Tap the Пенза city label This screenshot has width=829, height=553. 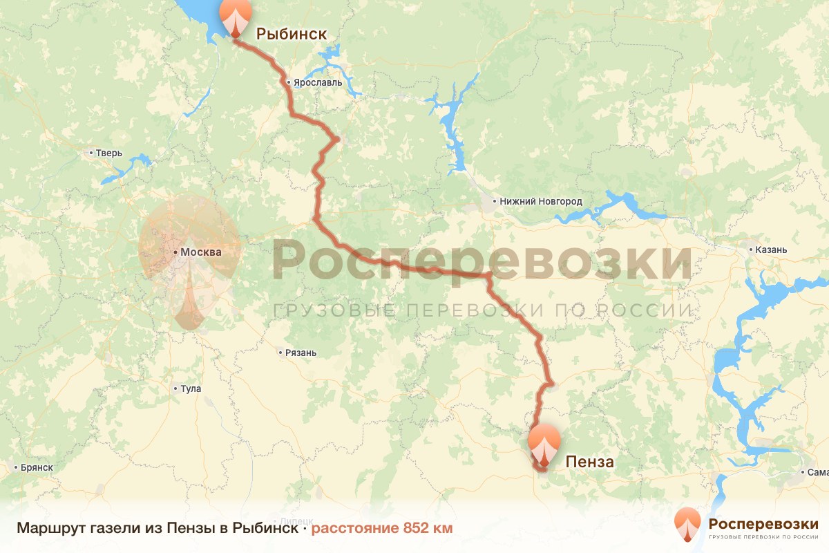[x=589, y=462]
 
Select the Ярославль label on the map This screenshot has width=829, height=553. [x=318, y=82]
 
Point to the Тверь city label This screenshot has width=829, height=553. [x=109, y=153]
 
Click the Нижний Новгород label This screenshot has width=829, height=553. [x=541, y=202]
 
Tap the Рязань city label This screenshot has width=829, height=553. [x=301, y=353]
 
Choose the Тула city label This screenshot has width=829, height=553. [x=191, y=388]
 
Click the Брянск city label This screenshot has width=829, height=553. [x=37, y=467]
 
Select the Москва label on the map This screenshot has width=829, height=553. [x=201, y=252]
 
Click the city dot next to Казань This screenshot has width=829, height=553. [x=752, y=249]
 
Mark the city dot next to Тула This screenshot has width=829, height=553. [x=175, y=388]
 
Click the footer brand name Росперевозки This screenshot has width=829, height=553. [x=763, y=523]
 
